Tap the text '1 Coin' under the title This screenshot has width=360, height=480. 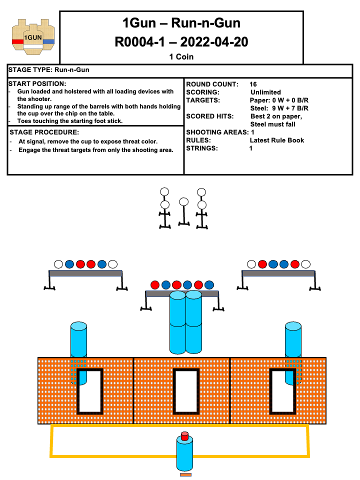click(x=181, y=56)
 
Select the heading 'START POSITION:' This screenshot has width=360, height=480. click(x=37, y=83)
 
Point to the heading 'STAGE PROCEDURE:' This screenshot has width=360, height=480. click(x=44, y=132)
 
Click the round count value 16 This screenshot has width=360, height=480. click(x=253, y=84)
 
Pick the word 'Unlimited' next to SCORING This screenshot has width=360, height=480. click(x=265, y=92)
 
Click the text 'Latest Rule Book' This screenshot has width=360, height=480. click(x=276, y=140)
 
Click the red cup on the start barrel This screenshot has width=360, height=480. click(x=184, y=436)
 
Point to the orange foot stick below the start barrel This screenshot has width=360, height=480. click(x=185, y=474)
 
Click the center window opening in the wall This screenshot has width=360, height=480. click(x=185, y=391)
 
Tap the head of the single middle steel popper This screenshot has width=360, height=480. click(x=183, y=201)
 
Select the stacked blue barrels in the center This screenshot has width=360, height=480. click(x=185, y=322)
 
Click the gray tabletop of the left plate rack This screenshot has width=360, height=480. click(x=85, y=273)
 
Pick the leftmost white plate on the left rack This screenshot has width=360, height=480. click(x=58, y=264)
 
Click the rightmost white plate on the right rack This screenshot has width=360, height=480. click(x=305, y=264)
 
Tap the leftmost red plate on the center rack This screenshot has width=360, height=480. click(x=155, y=284)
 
